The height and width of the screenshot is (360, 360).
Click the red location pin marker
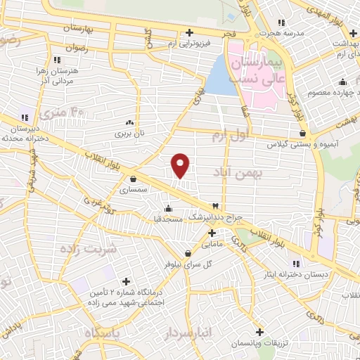181,165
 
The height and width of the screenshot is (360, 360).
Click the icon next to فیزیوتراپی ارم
189,32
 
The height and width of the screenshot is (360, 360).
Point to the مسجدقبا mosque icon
167,208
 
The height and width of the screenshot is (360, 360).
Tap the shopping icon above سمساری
133,179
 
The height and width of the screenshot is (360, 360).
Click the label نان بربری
129,131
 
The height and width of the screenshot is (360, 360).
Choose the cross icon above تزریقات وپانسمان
259,331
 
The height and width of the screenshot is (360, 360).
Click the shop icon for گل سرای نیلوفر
188,253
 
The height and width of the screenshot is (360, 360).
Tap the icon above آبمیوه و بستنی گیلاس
302,133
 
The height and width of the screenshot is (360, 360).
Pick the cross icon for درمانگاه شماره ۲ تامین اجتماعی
127,281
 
